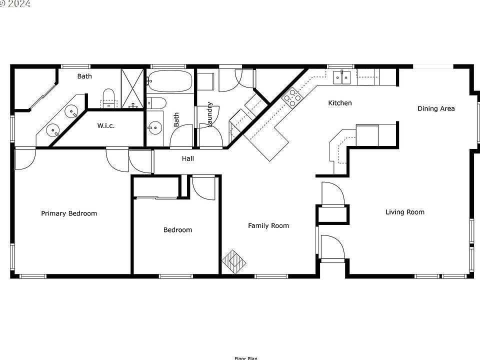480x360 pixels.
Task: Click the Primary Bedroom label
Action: (x=69, y=213)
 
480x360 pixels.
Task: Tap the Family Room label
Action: (x=268, y=225)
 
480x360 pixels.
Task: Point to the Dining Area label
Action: (x=436, y=108)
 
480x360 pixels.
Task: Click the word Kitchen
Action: (x=340, y=103)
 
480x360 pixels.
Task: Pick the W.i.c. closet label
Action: (x=106, y=125)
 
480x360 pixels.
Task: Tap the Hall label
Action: (x=188, y=158)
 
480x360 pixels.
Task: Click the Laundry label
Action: (x=210, y=114)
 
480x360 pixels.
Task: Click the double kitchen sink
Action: (x=342, y=77)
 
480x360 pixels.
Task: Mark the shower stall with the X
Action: (x=133, y=88)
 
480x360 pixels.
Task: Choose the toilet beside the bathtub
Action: (x=157, y=103)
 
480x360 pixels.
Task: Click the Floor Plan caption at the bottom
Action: (x=245, y=357)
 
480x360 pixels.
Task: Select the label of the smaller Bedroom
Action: (x=177, y=230)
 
